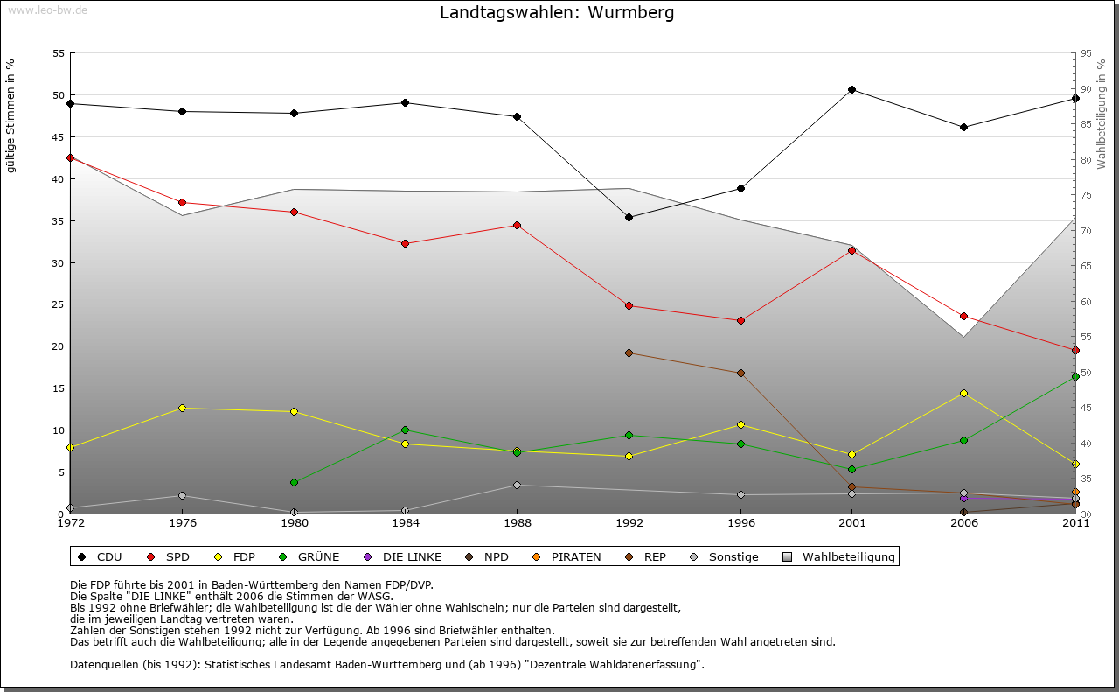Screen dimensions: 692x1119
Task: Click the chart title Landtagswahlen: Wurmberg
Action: click(x=557, y=13)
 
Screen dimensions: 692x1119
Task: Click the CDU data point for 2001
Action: click(x=851, y=89)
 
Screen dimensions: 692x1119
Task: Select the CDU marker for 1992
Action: click(x=629, y=217)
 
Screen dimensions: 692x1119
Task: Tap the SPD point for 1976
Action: click(x=182, y=202)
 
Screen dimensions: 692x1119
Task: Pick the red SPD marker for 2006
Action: click(x=963, y=316)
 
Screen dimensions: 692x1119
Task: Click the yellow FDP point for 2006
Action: click(x=963, y=393)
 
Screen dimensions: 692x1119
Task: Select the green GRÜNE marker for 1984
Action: click(x=405, y=430)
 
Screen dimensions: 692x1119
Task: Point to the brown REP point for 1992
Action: click(x=629, y=353)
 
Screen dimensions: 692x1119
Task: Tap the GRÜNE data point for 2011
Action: click(x=1075, y=376)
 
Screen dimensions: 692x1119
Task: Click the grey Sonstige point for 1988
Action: click(x=517, y=485)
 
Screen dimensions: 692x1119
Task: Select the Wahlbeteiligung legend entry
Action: click(x=839, y=556)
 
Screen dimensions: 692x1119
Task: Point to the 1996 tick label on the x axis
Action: click(x=740, y=523)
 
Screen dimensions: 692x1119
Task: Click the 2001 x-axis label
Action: click(x=851, y=523)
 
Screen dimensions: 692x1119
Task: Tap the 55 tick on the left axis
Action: click(x=59, y=53)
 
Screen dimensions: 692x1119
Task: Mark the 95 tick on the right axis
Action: click(x=1086, y=53)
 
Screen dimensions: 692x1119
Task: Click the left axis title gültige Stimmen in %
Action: click(x=10, y=115)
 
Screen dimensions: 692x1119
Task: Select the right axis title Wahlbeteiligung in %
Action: click(x=1102, y=114)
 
